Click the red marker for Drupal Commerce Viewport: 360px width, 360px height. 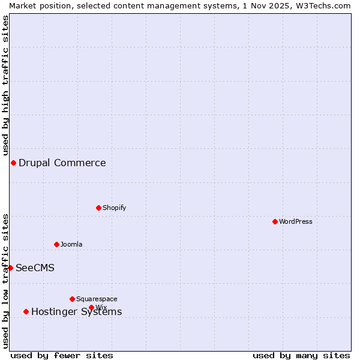point(13,163)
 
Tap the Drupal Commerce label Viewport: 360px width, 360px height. point(62,163)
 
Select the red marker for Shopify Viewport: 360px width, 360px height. point(99,208)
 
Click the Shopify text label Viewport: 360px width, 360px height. point(114,208)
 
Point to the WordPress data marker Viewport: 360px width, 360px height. point(275,222)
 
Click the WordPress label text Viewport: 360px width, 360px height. point(296,222)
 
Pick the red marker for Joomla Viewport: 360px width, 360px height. point(57,245)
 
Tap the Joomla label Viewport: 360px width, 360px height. point(71,245)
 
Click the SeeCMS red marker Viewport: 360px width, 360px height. point(10,268)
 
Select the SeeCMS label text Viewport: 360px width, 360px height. point(35,268)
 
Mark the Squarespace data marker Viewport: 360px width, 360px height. point(73,299)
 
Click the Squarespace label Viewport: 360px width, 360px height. point(97,299)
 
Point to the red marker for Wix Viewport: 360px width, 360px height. point(92,308)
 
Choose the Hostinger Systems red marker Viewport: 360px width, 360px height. point(26,312)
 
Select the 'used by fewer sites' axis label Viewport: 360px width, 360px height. point(62,356)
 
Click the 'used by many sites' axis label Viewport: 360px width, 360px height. point(301,356)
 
